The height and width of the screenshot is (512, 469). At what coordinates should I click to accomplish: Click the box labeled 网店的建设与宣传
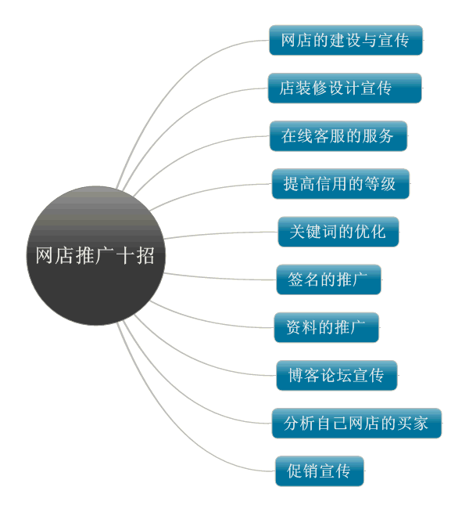tap(345, 40)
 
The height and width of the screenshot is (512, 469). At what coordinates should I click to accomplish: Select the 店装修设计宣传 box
tap(345, 88)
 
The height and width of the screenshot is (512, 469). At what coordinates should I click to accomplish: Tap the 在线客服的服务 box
tap(338, 136)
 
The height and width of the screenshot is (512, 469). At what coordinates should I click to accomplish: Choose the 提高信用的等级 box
tap(341, 184)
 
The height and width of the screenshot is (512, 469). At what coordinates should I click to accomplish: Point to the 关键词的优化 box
tap(338, 232)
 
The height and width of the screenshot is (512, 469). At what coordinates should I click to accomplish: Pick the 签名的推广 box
tap(328, 279)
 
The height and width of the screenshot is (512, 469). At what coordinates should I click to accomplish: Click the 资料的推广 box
tap(326, 327)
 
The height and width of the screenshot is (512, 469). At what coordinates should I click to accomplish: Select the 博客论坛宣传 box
tap(337, 376)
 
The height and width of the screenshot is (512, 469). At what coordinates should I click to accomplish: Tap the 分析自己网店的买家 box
tap(356, 424)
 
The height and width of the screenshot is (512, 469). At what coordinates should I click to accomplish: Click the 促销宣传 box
tap(320, 471)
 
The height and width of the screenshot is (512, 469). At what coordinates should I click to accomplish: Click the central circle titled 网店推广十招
tap(96, 256)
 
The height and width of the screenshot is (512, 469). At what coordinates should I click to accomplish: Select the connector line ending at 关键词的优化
tap(221, 233)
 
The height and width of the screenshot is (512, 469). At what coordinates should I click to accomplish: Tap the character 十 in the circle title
tap(124, 255)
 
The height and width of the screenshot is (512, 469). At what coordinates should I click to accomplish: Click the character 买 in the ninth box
tap(403, 424)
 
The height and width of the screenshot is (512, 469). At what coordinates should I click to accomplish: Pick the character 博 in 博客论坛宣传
tap(296, 376)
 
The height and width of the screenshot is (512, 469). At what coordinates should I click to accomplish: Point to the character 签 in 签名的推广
tap(295, 279)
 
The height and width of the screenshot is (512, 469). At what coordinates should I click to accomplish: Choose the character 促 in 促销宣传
tap(295, 471)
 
